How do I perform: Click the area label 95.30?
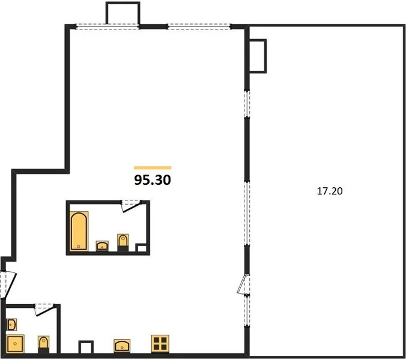point(153,180)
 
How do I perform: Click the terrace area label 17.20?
point(330,191)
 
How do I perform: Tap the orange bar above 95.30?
point(153,168)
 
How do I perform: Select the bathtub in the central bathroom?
point(79,231)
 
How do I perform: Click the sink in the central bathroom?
point(102,245)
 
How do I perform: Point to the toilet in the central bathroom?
point(123,242)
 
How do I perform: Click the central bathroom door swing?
point(131,206)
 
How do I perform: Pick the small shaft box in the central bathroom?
point(141,248)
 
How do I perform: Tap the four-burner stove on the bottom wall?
point(160,344)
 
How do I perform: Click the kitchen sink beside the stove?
point(122,346)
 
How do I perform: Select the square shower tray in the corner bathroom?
point(15,344)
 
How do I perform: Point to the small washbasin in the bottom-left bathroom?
point(12,325)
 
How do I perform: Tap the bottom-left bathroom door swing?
point(44,310)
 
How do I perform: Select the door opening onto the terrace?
point(243,284)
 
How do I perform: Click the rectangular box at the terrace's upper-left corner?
point(258,56)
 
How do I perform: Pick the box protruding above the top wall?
point(123,13)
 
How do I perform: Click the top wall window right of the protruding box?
point(199,26)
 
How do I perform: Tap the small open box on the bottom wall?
point(86,347)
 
